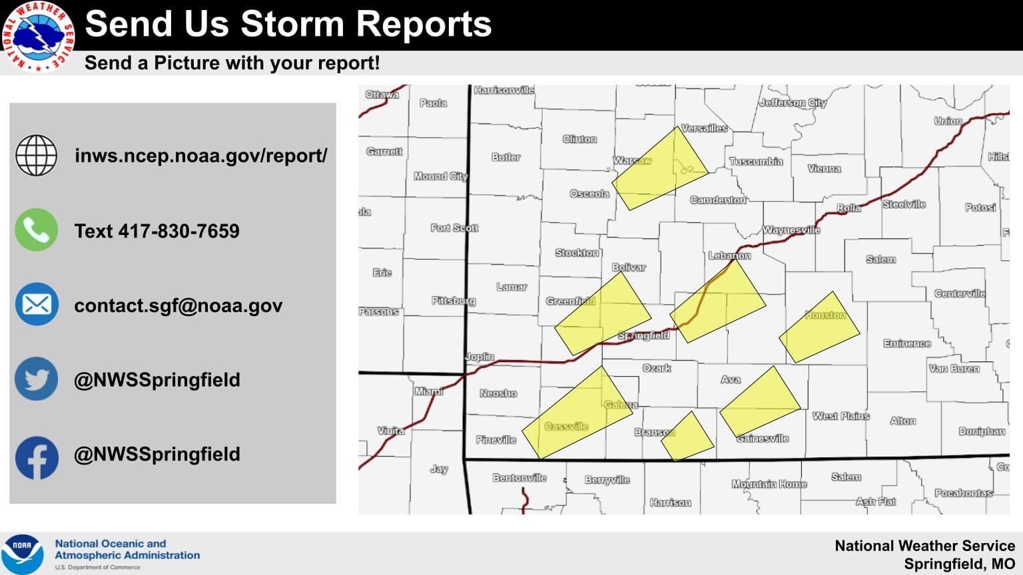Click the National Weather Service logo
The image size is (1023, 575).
(37, 36)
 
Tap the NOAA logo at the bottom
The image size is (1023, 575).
(21, 553)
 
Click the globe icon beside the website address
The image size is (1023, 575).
(37, 155)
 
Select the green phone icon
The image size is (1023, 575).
(37, 230)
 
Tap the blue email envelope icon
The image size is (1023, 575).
(37, 304)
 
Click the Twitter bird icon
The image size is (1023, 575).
(37, 379)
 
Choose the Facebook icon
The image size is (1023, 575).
(37, 457)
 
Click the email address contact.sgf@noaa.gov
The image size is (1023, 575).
(178, 305)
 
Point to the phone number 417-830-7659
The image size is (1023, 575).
(178, 231)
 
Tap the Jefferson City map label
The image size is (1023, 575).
(793, 102)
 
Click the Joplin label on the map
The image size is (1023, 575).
(479, 357)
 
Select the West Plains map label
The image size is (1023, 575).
(841, 416)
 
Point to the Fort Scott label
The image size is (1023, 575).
(454, 228)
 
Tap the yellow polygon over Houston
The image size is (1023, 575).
(820, 327)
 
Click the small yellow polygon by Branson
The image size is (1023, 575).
(687, 437)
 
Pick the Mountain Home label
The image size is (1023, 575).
(769, 484)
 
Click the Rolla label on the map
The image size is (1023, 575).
(849, 208)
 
